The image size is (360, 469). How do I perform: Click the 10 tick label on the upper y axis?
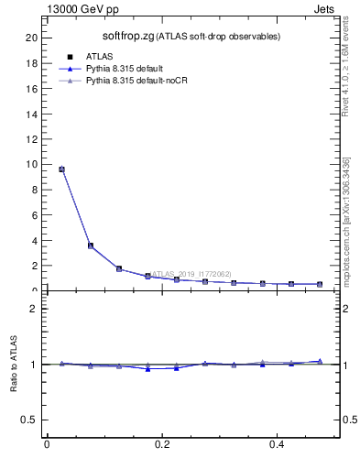32,165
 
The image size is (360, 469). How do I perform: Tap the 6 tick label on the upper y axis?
35,215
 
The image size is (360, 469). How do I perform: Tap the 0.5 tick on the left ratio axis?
30,420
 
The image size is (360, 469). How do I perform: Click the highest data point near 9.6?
61,169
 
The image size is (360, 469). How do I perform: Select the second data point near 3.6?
90,245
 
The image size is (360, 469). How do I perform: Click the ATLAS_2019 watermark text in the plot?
191,274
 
